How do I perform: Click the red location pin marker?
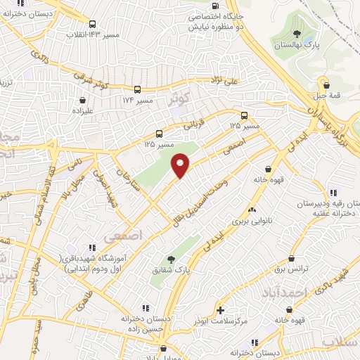click(181, 166)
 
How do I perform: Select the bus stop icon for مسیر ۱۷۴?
click(138, 89)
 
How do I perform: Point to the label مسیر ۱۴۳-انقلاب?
click(92, 33)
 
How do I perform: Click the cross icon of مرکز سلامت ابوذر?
click(221, 310)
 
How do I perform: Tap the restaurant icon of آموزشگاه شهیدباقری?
click(91, 247)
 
